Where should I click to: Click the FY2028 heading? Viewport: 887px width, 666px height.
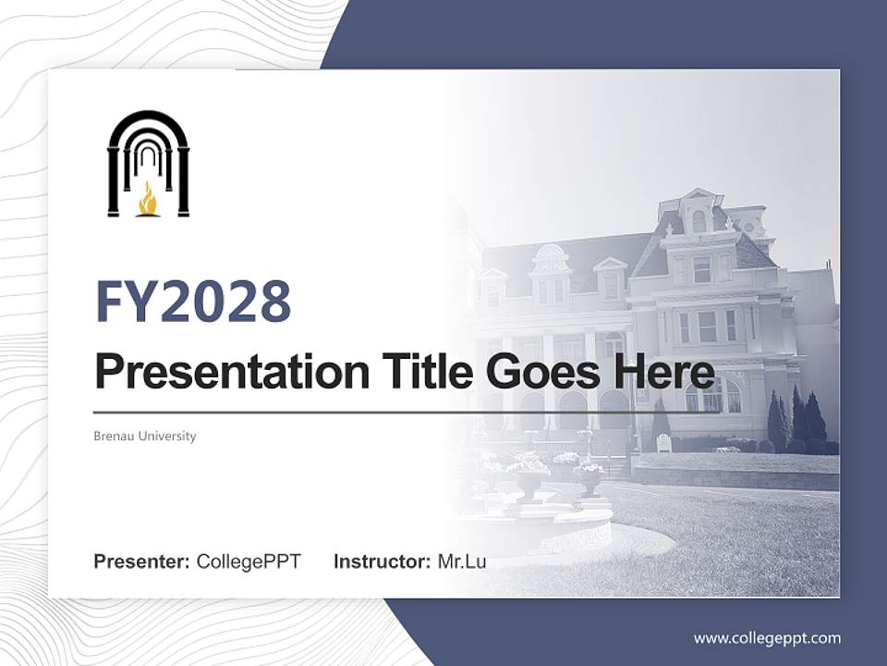coord(193,301)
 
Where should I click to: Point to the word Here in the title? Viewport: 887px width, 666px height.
coord(662,371)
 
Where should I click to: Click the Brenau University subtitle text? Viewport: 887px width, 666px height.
coord(145,436)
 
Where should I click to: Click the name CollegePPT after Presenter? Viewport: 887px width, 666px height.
coord(249,561)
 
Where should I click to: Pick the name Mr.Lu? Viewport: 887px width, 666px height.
coord(462,561)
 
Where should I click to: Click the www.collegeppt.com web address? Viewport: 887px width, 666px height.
coord(767,637)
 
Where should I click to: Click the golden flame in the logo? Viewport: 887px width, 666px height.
coord(148,199)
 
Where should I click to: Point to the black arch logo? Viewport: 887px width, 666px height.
coord(148,162)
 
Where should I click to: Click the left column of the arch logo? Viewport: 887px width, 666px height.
coord(114,180)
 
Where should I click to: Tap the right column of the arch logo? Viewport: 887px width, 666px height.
coord(183,180)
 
